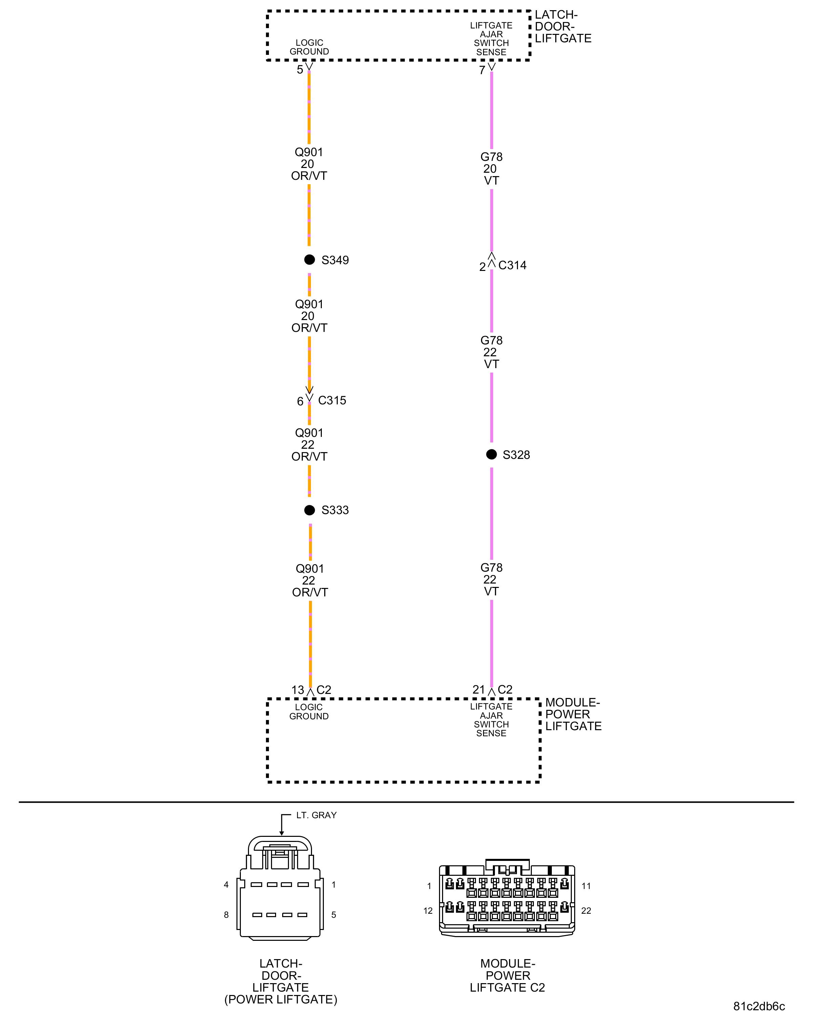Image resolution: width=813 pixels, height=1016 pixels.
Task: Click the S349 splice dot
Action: (309, 260)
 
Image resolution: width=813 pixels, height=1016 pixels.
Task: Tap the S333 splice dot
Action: (309, 510)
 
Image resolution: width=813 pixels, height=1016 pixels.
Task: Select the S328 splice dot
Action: (491, 454)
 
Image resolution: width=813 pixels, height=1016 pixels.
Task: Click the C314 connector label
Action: (512, 265)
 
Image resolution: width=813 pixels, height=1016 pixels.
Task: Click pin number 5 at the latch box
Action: (300, 70)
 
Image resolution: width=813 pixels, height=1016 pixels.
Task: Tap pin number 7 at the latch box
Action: (482, 70)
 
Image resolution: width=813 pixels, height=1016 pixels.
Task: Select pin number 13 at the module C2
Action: (297, 690)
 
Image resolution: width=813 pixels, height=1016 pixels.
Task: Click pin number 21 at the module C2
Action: (478, 690)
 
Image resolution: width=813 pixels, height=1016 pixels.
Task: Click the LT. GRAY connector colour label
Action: (316, 815)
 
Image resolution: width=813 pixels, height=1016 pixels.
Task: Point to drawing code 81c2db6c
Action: (759, 1006)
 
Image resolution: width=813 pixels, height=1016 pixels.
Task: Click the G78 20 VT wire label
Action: (491, 169)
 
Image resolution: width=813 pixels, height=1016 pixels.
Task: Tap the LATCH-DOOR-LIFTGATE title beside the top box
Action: (563, 27)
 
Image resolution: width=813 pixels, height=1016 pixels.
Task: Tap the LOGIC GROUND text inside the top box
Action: (309, 47)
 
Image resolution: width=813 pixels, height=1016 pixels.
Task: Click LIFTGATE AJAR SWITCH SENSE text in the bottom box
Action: (491, 720)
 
